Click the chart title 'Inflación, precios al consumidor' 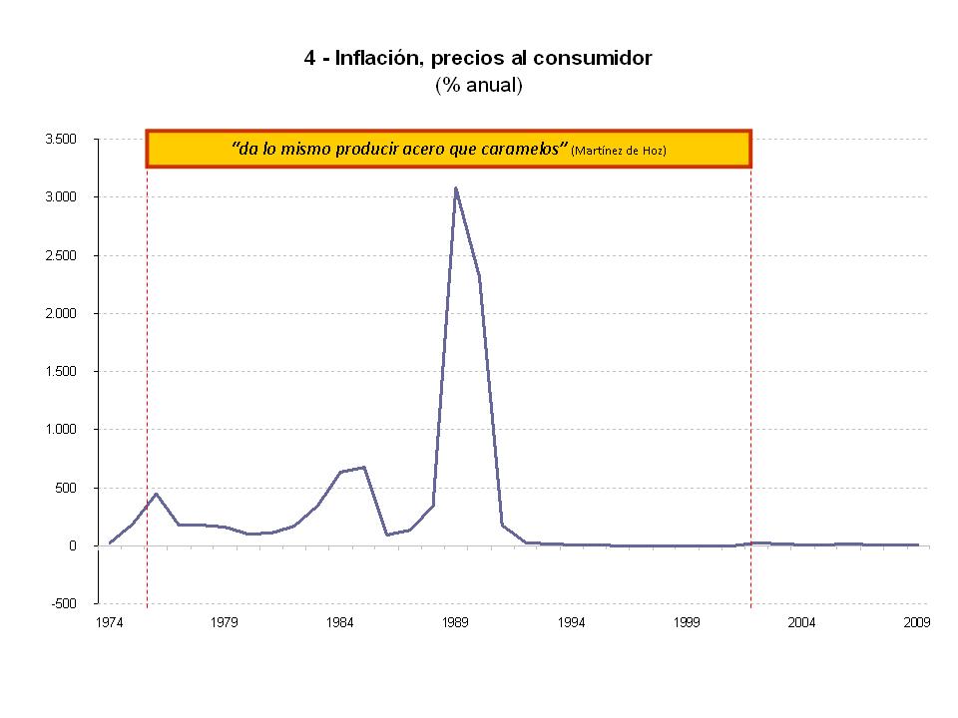coord(478,58)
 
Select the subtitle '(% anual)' coord(478,86)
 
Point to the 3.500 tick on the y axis coord(62,140)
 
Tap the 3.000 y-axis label coord(62,197)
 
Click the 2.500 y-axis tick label coord(62,255)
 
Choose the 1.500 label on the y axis coord(62,372)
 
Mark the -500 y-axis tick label coord(66,604)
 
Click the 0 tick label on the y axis coord(73,546)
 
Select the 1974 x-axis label coord(110,623)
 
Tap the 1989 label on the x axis coord(456,623)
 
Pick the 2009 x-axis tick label coord(917,623)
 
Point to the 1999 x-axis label coord(687,623)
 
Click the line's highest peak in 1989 coord(456,187)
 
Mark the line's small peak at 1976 coord(156,494)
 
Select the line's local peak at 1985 coord(364,467)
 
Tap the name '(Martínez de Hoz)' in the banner coord(619,151)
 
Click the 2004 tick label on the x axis coord(801,623)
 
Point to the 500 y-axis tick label coord(66,489)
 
